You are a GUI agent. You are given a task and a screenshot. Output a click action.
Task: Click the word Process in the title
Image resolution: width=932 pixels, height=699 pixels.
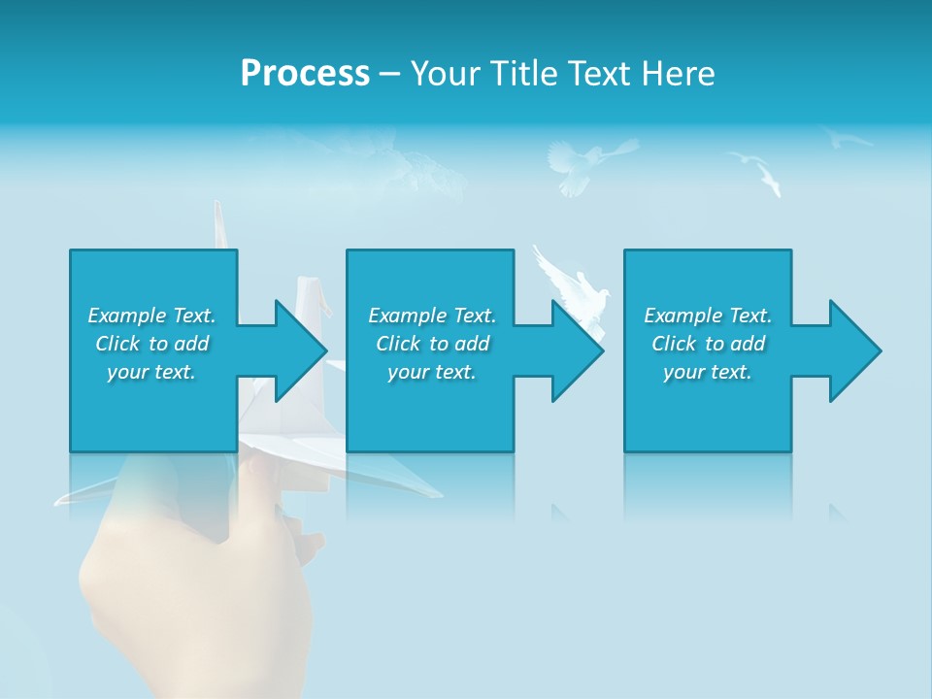(x=305, y=74)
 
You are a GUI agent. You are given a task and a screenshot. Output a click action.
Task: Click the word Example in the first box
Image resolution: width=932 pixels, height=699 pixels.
(x=127, y=316)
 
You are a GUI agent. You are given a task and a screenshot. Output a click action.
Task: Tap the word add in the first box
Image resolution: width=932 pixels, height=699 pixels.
(x=191, y=344)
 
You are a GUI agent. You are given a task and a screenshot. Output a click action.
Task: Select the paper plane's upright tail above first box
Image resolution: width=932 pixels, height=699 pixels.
(x=219, y=224)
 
